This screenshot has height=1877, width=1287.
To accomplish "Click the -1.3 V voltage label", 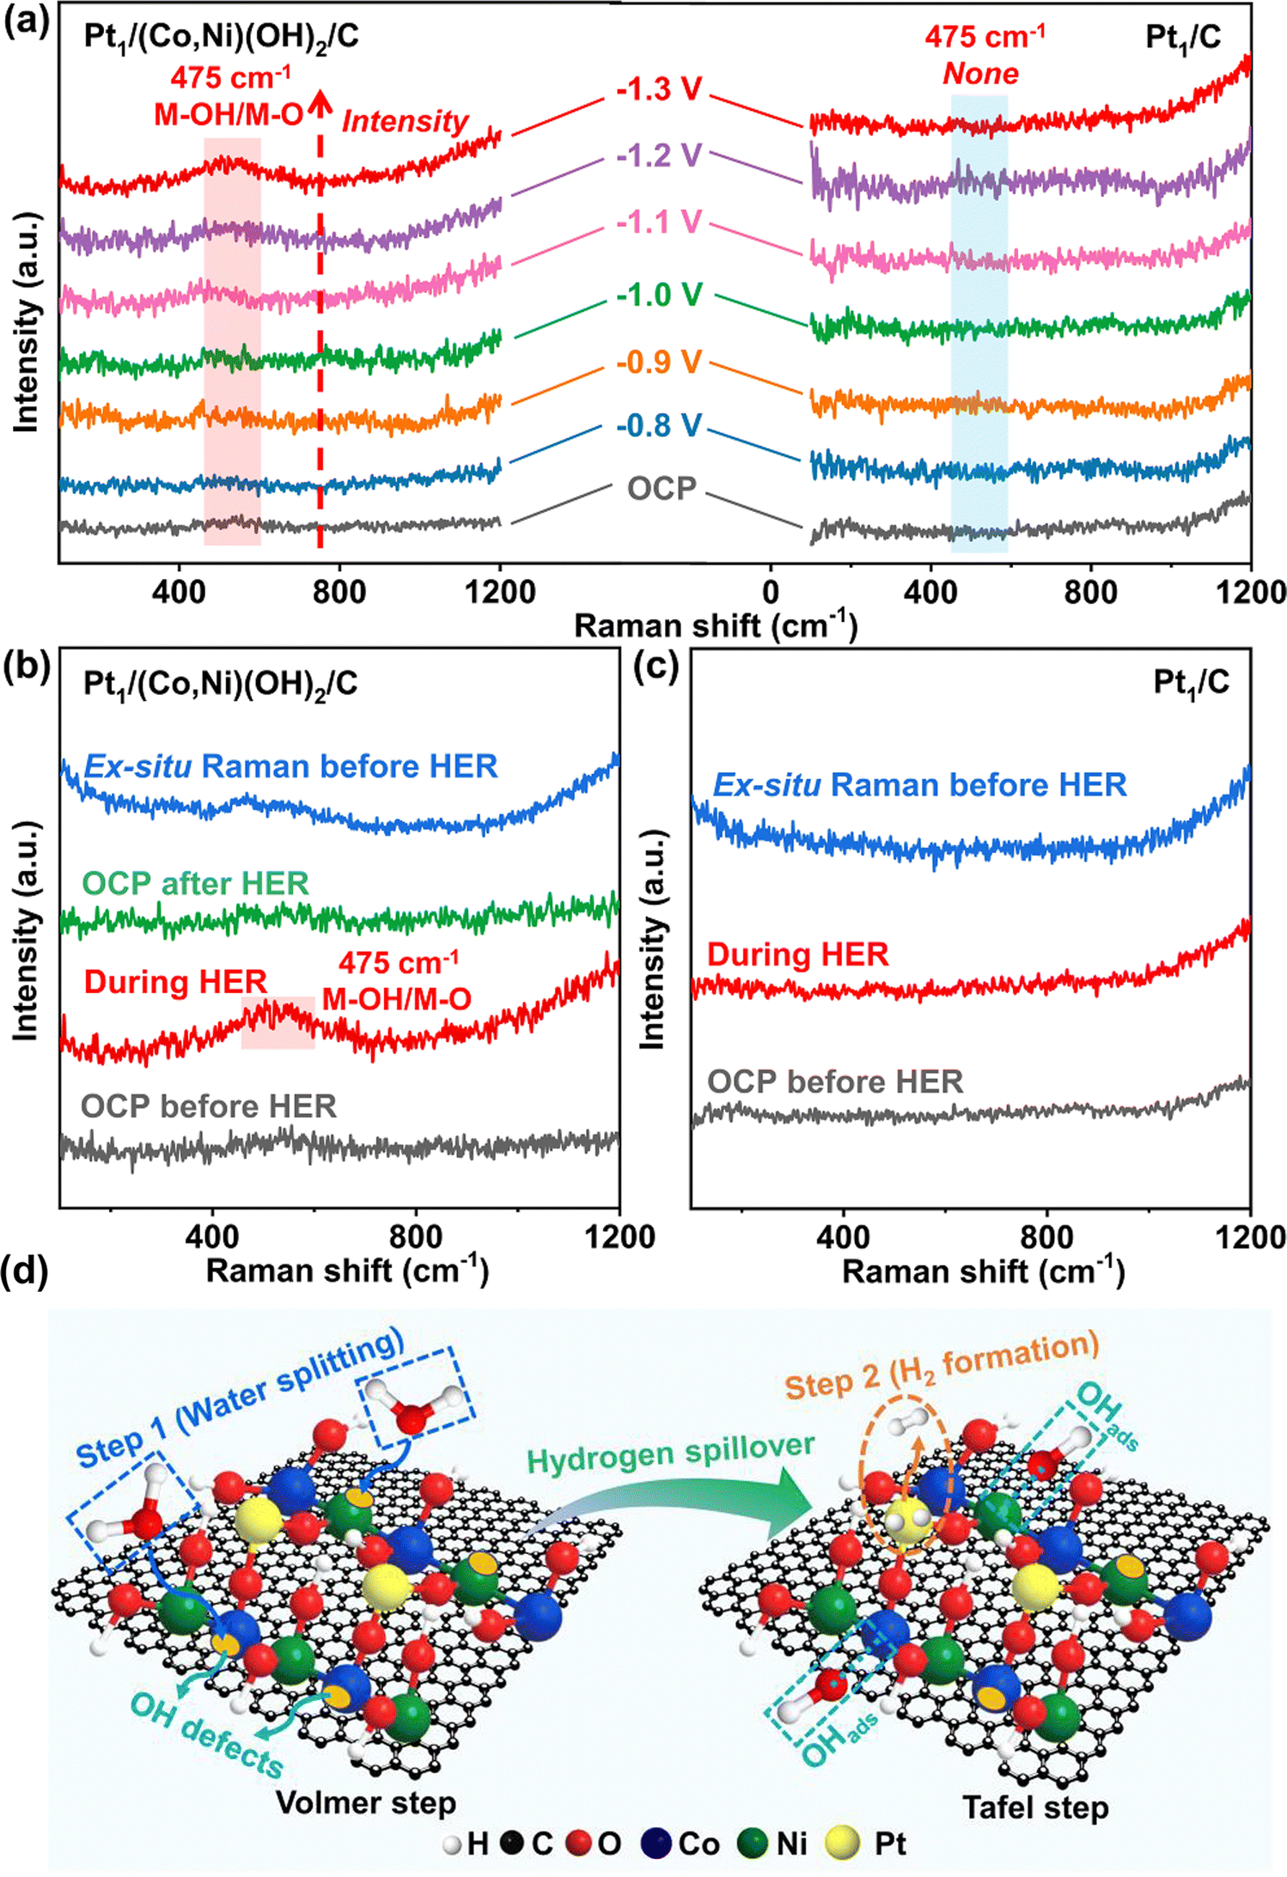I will click(x=659, y=89).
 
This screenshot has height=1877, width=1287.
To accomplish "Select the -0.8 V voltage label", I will click(x=659, y=426).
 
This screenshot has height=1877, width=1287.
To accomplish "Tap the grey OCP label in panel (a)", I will click(x=661, y=489).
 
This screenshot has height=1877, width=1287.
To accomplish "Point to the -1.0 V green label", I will click(x=659, y=296).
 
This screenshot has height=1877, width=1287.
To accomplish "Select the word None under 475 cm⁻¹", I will click(x=980, y=74).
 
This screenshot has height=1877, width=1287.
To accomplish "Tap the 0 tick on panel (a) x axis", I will click(x=771, y=592).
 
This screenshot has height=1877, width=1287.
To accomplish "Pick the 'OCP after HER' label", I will click(x=195, y=884).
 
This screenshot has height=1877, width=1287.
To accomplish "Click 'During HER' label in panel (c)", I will click(x=797, y=954).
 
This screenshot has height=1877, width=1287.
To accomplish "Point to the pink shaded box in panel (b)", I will click(x=278, y=1022).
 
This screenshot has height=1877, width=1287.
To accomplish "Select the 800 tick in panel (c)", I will click(x=1046, y=1237).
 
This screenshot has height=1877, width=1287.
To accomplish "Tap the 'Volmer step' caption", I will click(x=365, y=1802).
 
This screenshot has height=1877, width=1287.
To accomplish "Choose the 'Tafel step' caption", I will click(x=1034, y=1807).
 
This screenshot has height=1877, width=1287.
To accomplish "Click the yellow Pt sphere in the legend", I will click(x=842, y=1843).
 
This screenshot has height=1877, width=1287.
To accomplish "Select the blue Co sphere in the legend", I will click(x=657, y=1843).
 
